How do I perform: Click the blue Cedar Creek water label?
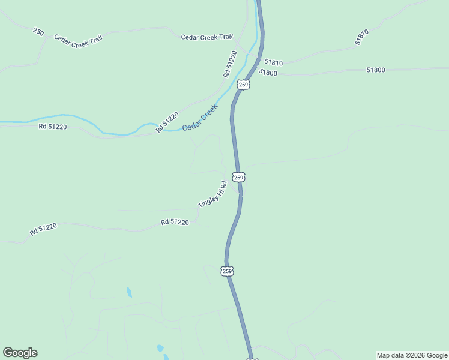[x=199, y=118]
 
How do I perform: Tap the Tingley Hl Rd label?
[x=212, y=195]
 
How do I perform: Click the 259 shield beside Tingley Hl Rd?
[x=239, y=178]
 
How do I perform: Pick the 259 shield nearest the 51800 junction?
[x=243, y=85]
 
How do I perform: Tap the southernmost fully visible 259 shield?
[x=227, y=271]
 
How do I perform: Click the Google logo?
[x=20, y=353]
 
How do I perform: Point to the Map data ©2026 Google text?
[x=412, y=355]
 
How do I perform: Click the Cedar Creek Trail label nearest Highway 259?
[x=206, y=37]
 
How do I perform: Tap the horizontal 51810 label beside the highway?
[x=273, y=62]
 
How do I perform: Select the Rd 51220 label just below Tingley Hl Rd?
[x=175, y=222]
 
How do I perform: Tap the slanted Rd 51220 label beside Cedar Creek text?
[x=167, y=122]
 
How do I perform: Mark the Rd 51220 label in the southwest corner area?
[x=43, y=229]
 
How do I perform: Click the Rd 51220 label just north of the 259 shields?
[x=230, y=64]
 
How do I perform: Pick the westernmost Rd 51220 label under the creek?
[x=52, y=127]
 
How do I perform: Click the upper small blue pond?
[x=129, y=293]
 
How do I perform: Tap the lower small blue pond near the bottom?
[x=160, y=349]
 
